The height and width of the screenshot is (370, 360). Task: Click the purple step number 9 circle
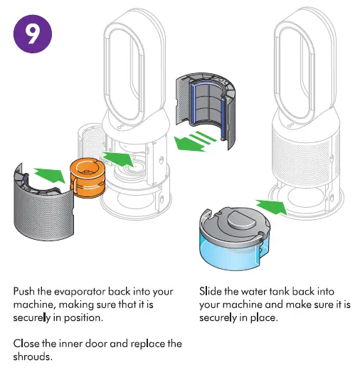tap(33, 33)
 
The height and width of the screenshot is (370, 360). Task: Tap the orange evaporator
tap(88, 176)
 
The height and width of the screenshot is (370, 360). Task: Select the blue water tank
tap(235, 240)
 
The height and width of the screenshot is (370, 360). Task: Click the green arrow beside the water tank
tap(272, 206)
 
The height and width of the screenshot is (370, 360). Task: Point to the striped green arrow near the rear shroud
tap(195, 141)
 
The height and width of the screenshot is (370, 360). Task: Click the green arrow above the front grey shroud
tap(51, 175)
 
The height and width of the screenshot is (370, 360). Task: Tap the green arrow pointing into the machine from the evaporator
tap(118, 159)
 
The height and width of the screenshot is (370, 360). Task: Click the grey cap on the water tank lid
tap(241, 219)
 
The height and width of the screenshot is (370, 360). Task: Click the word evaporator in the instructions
tap(80, 292)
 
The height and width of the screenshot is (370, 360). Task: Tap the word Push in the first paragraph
tap(24, 291)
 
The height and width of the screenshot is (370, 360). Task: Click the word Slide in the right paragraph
tap(211, 291)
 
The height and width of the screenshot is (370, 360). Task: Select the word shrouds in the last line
tap(33, 356)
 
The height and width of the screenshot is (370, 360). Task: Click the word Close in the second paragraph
tap(26, 344)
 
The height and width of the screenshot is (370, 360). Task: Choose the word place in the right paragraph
tap(264, 318)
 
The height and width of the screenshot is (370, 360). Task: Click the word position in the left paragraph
tap(83, 318)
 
